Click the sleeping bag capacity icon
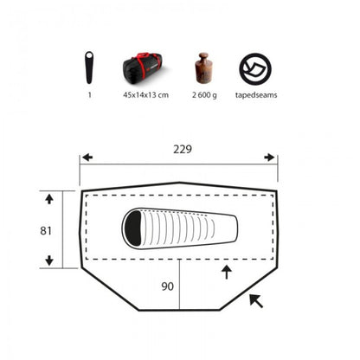point(89,67)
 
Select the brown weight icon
point(204,68)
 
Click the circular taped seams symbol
point(255,68)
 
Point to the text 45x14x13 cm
point(145,95)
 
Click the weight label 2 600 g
point(204,95)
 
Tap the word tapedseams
point(256,95)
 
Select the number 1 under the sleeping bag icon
point(90,95)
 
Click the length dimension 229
point(183,149)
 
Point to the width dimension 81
point(46,231)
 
